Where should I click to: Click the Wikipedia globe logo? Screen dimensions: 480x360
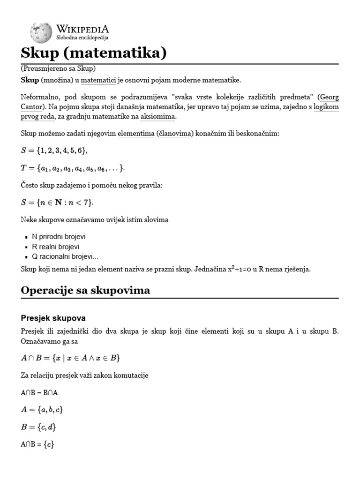click(40, 31)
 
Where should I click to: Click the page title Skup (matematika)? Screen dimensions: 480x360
click(94, 53)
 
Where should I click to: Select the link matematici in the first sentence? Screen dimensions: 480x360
click(99, 80)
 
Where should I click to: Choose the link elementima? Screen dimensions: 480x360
click(135, 134)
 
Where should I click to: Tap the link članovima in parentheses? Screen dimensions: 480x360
click(175, 134)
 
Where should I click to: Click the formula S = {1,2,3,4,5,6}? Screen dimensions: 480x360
click(54, 150)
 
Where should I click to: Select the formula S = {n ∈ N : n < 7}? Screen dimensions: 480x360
click(57, 202)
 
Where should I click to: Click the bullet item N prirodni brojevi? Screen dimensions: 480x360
click(59, 237)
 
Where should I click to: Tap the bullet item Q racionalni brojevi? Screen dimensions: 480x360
click(65, 256)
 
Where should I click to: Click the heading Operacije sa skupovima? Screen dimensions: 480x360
click(85, 290)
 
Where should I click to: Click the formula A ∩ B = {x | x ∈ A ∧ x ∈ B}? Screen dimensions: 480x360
click(70, 358)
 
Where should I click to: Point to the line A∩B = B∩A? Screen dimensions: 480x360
click(43, 392)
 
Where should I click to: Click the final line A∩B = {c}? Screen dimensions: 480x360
click(37, 444)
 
